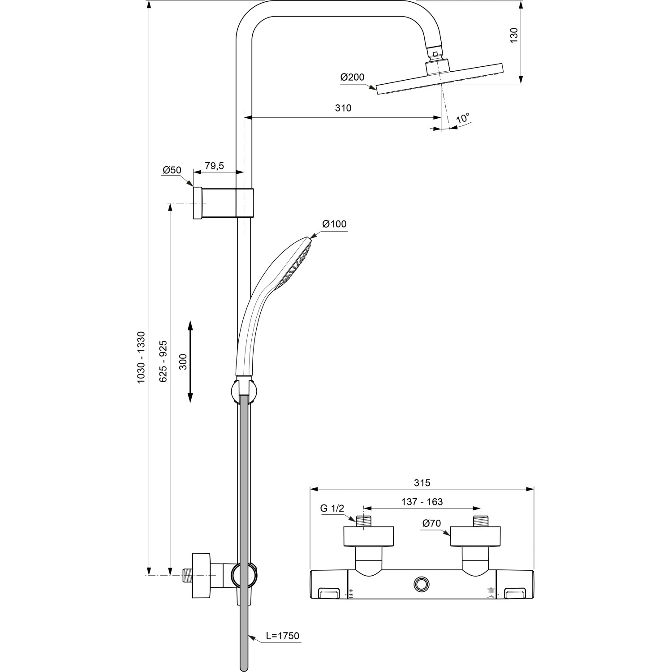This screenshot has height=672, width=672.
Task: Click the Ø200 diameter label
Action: pyautogui.click(x=352, y=77)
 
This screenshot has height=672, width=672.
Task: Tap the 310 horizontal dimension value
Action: pyautogui.click(x=343, y=108)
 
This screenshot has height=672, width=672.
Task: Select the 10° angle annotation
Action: pyautogui.click(x=463, y=119)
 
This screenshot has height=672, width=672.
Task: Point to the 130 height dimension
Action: pyautogui.click(x=514, y=35)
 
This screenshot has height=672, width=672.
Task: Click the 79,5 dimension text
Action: pyautogui.click(x=214, y=166)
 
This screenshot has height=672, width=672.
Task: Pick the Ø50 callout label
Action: pyautogui.click(x=172, y=170)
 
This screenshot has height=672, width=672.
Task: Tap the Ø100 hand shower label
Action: pyautogui.click(x=334, y=224)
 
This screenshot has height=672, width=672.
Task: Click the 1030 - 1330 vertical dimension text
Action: pyautogui.click(x=141, y=357)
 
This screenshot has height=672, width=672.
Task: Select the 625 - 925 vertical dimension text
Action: pyautogui.click(x=164, y=361)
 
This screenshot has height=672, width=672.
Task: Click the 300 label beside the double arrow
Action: pyautogui.click(x=183, y=361)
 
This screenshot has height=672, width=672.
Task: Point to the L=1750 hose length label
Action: pyautogui.click(x=282, y=636)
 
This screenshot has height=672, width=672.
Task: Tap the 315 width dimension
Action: pyautogui.click(x=422, y=482)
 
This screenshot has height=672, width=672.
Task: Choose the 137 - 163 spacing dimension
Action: pyautogui.click(x=422, y=502)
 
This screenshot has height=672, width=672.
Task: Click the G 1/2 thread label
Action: pyautogui.click(x=332, y=508)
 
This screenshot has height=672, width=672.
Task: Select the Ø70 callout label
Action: pyautogui.click(x=431, y=523)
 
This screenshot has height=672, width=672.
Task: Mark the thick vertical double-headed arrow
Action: pyautogui.click(x=190, y=361)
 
